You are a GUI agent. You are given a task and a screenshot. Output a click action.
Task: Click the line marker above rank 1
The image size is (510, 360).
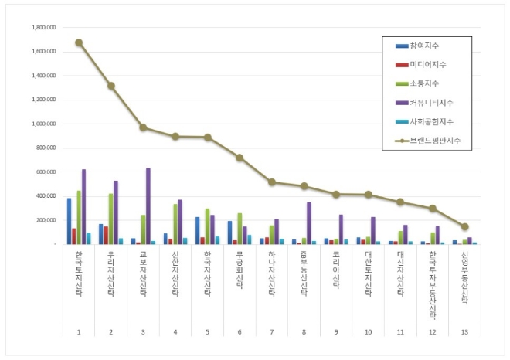coord(79,42)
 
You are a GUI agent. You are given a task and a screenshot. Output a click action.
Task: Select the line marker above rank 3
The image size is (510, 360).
coord(144,127)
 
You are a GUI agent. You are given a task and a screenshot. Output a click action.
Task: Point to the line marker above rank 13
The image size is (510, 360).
coord(464,227)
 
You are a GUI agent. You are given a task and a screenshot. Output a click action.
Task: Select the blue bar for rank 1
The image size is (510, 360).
coord(69,221)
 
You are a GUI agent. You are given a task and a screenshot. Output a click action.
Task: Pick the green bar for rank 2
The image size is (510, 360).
coord(111,219)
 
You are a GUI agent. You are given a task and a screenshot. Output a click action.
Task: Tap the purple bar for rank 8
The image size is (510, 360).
coord(309,223)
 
